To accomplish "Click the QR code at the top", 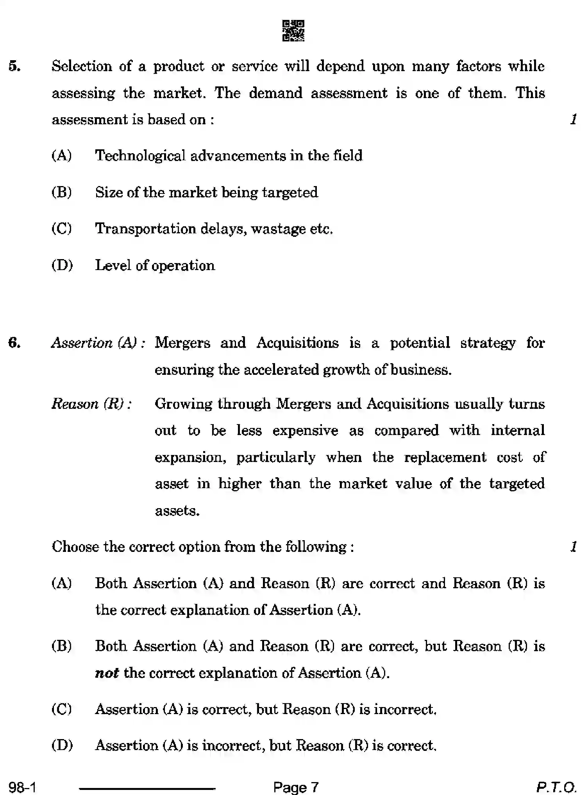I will click(x=293, y=31).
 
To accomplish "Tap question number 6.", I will click(x=14, y=343).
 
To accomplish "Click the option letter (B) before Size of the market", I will click(x=62, y=192).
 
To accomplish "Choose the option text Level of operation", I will click(x=155, y=265).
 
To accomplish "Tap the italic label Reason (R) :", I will click(x=91, y=403).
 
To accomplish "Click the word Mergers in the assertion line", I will click(x=182, y=343).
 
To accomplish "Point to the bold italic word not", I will click(x=107, y=673).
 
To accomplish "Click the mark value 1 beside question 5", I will click(x=573, y=119).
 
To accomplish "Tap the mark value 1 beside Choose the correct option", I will click(x=573, y=546).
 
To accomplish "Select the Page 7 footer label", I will click(x=296, y=786).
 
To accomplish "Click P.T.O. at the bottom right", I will click(x=556, y=786).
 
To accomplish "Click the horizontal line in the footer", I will click(x=147, y=789).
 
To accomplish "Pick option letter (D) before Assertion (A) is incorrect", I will click(x=62, y=745).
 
